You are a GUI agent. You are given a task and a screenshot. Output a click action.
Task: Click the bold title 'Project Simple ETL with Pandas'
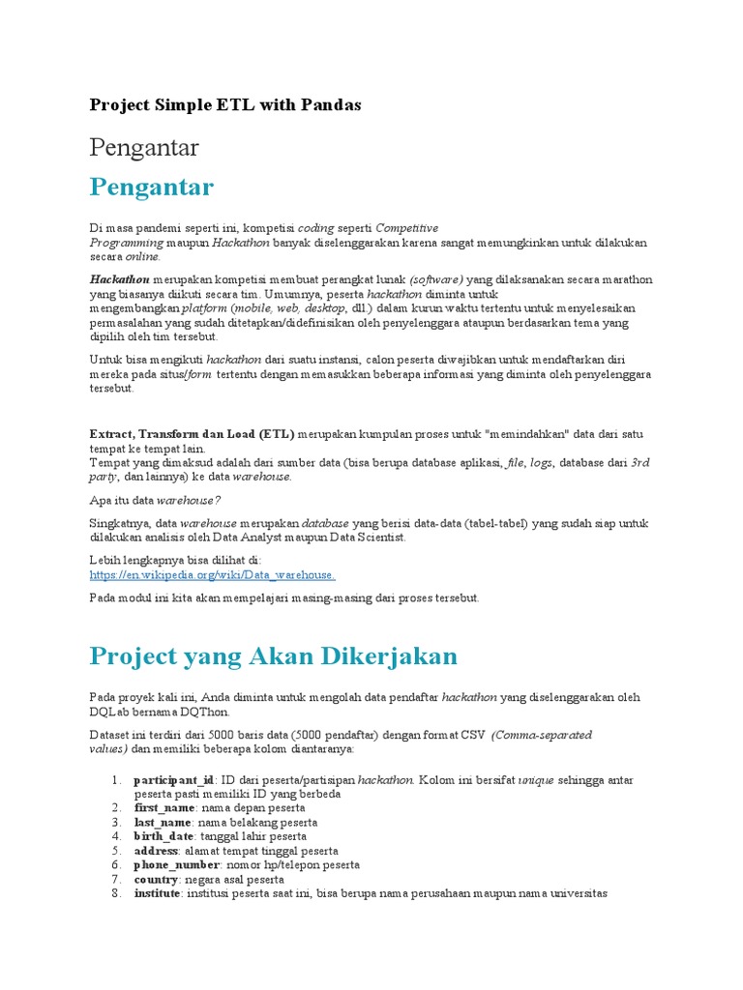pyautogui.click(x=225, y=104)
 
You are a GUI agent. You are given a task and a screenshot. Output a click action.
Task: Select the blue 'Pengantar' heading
pyautogui.click(x=151, y=186)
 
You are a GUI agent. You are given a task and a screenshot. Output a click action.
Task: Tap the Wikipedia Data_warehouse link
pyautogui.click(x=212, y=574)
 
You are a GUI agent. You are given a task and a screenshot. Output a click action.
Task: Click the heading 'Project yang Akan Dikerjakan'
pyautogui.click(x=273, y=656)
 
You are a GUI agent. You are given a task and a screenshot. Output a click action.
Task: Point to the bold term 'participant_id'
pyautogui.click(x=174, y=779)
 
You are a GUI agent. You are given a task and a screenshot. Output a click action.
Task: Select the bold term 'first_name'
pyautogui.click(x=163, y=807)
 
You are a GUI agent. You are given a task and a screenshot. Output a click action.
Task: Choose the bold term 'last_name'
pyautogui.click(x=163, y=822)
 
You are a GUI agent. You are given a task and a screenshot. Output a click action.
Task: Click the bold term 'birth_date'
pyautogui.click(x=163, y=836)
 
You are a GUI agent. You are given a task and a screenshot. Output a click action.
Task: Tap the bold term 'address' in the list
pyautogui.click(x=156, y=851)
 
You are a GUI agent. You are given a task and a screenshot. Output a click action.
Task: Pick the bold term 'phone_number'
pyautogui.click(x=177, y=865)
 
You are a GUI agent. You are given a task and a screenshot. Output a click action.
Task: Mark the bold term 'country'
pyautogui.click(x=156, y=880)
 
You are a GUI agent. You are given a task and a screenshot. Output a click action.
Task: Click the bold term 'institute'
pyautogui.click(x=157, y=894)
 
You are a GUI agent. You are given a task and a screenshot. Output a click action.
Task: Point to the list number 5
pyautogui.click(x=114, y=851)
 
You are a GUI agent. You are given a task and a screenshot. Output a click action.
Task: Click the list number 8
pyautogui.click(x=114, y=894)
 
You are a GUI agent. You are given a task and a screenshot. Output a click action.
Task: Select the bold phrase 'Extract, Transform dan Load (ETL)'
pyautogui.click(x=192, y=434)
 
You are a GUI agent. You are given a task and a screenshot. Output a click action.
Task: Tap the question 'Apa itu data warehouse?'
pyautogui.click(x=155, y=500)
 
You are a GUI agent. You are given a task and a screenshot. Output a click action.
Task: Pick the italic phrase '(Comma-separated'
pyautogui.click(x=541, y=735)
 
